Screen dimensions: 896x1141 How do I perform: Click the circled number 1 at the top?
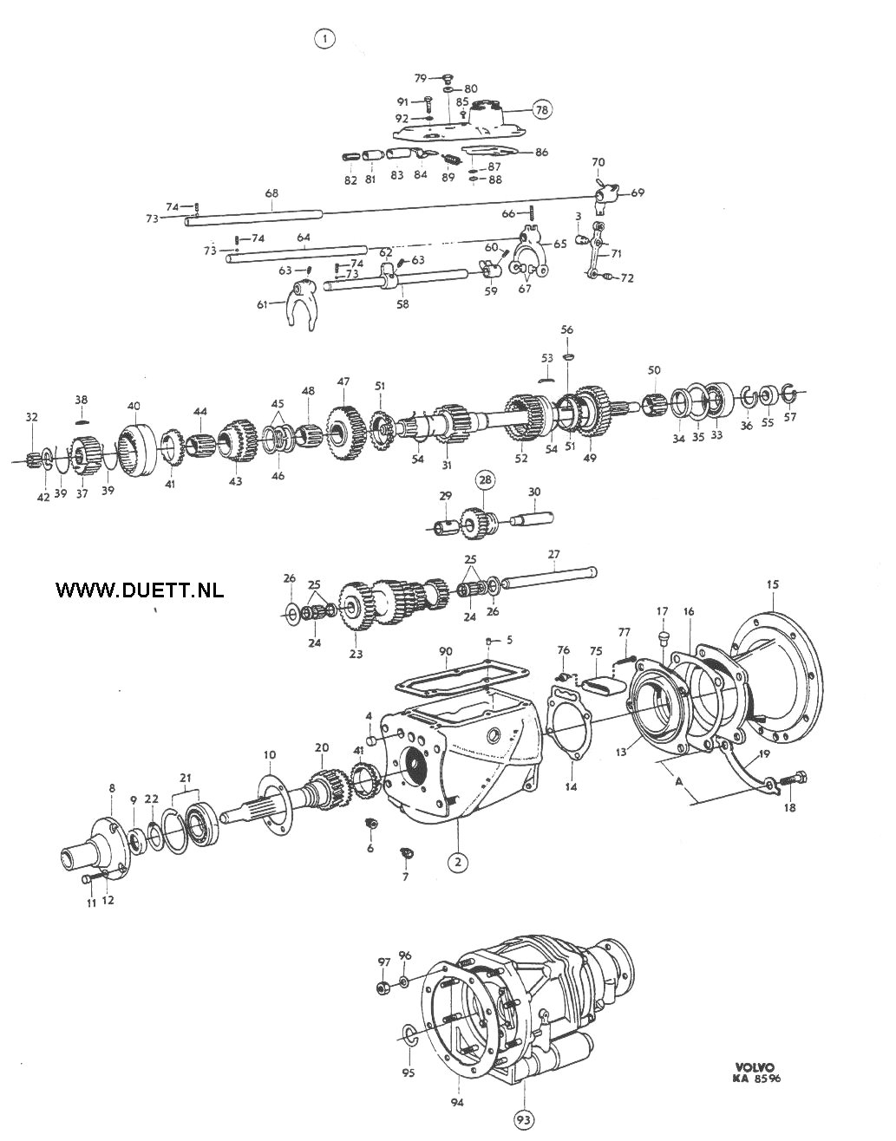coord(325,38)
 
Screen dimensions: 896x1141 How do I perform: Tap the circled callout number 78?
coord(541,110)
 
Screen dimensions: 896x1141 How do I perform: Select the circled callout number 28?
coord(486,479)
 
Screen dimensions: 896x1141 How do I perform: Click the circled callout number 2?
coord(458,862)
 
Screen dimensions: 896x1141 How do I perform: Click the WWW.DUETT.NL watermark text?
coord(140,590)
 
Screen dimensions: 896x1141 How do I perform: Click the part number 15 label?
coord(772,584)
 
